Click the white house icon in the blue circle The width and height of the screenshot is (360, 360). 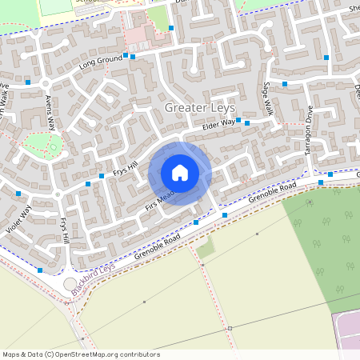pyautogui.click(x=180, y=173)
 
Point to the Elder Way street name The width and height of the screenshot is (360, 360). pyautogui.click(x=218, y=123)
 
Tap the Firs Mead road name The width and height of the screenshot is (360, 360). pyautogui.click(x=159, y=197)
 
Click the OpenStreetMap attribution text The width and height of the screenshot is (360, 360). pyautogui.click(x=80, y=354)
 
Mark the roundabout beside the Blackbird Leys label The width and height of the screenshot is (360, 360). pyautogui.click(x=70, y=285)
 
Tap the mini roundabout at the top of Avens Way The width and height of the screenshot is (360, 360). pyautogui.click(x=45, y=83)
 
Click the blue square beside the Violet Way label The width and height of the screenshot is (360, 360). pyautogui.click(x=18, y=193)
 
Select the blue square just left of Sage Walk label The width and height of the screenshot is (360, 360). pyautogui.click(x=248, y=123)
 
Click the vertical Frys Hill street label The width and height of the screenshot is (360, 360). pyautogui.click(x=64, y=230)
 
